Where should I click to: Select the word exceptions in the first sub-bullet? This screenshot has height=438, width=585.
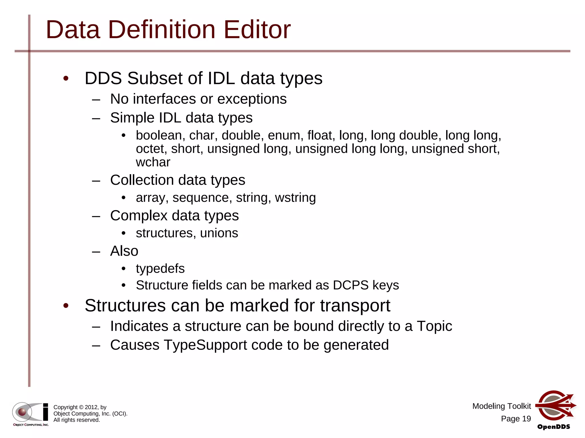(x=252, y=99)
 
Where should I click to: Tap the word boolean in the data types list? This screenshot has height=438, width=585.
(x=159, y=135)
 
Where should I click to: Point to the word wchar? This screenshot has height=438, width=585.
(x=153, y=162)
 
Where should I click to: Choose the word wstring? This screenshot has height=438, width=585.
(x=295, y=198)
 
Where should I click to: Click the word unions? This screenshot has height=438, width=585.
(x=219, y=233)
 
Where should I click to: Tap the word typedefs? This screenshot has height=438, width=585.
(x=160, y=269)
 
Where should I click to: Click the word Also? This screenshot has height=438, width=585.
(x=124, y=251)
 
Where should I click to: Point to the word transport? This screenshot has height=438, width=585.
(x=355, y=306)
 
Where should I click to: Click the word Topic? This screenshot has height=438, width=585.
(x=434, y=326)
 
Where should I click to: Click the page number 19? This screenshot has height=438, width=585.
(x=526, y=419)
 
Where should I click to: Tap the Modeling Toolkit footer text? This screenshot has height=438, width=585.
(x=501, y=406)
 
